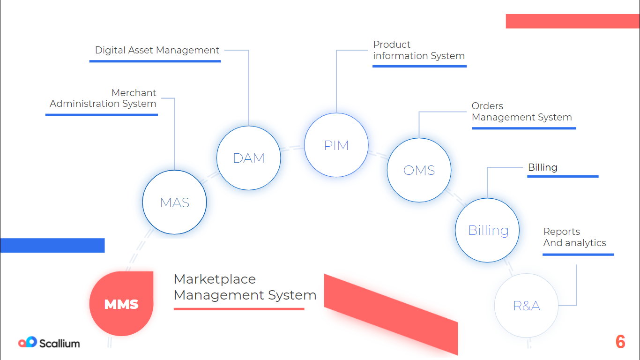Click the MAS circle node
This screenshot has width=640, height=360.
click(x=174, y=202)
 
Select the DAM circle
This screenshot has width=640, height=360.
click(x=249, y=158)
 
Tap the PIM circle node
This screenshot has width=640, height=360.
click(x=336, y=145)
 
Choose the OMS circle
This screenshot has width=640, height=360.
click(x=419, y=170)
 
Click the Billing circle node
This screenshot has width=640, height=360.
click(x=487, y=230)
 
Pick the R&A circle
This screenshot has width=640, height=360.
click(x=526, y=305)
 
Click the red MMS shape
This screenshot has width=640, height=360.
click(x=121, y=304)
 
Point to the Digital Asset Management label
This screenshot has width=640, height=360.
click(x=157, y=50)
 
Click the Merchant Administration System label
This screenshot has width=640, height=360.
click(x=103, y=98)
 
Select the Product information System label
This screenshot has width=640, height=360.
click(x=419, y=50)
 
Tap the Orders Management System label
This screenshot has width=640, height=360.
click(x=522, y=112)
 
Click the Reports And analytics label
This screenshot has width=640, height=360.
click(x=574, y=237)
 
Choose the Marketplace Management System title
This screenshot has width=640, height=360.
click(x=245, y=287)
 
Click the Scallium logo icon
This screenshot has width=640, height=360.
click(x=28, y=342)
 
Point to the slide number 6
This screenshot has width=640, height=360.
click(x=620, y=342)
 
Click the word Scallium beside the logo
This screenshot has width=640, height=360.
click(x=60, y=343)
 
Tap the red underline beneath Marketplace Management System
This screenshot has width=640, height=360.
click(x=239, y=309)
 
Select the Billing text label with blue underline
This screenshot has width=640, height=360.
click(x=543, y=167)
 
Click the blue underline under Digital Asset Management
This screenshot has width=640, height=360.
click(x=155, y=61)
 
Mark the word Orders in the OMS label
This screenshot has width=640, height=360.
click(x=487, y=106)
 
